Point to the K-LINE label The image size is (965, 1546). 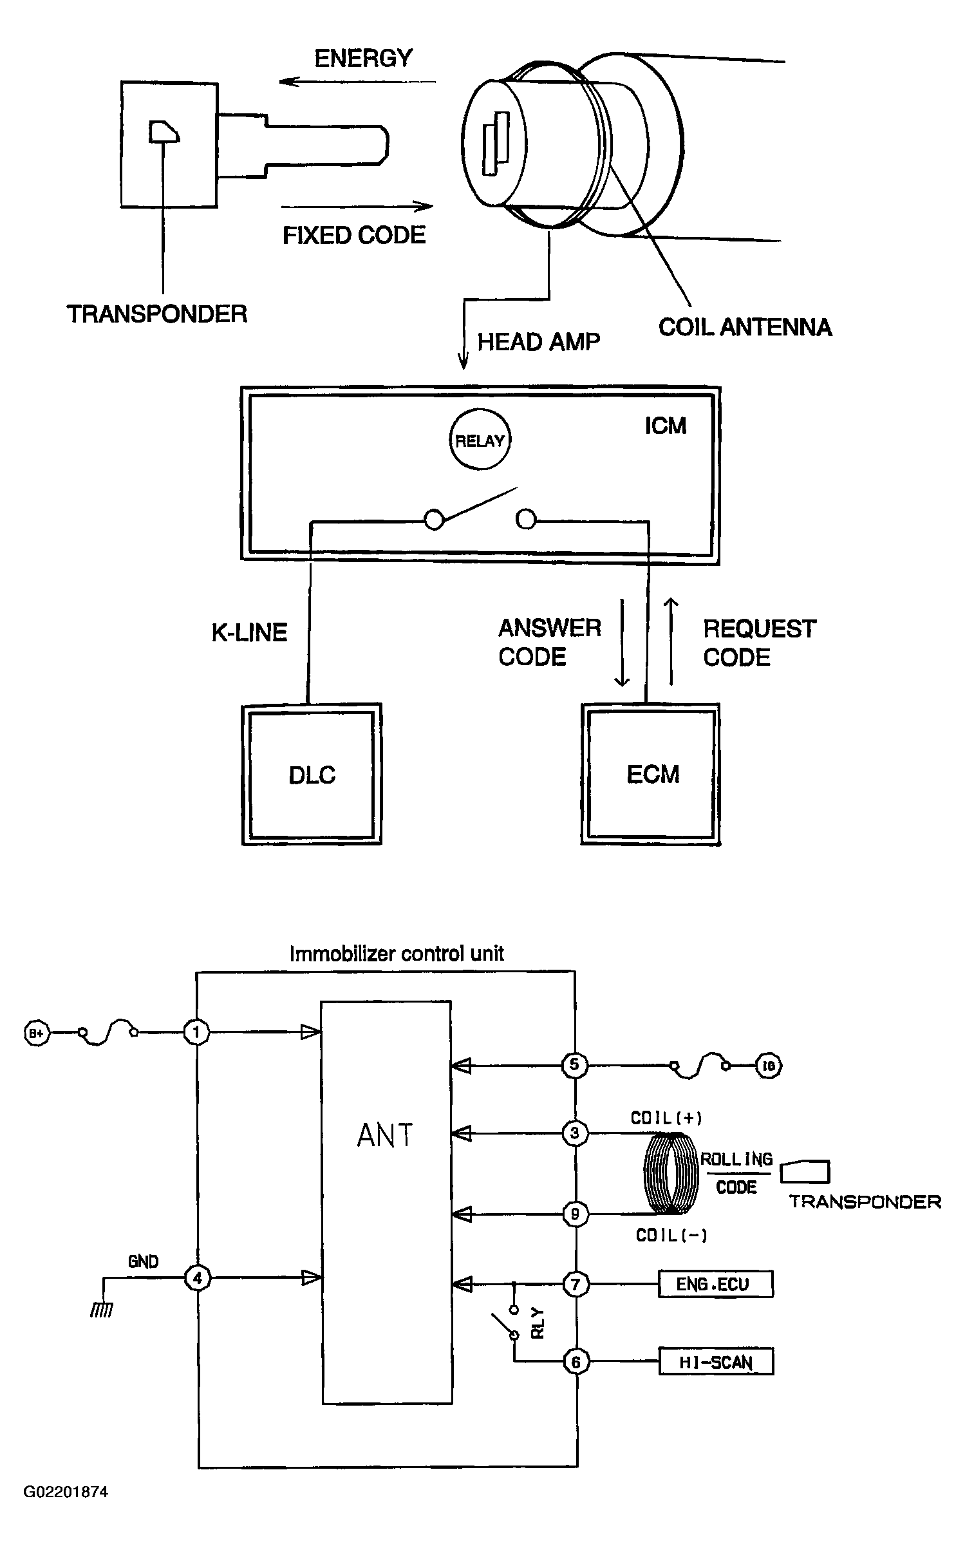tap(249, 632)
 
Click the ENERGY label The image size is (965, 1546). tap(363, 59)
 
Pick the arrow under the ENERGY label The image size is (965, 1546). tap(358, 82)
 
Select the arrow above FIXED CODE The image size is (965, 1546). tap(357, 207)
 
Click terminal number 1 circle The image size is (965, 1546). tap(197, 1032)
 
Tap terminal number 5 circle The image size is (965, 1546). tap(574, 1064)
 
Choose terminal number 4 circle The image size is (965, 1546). tap(197, 1277)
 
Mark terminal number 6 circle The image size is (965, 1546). tap(576, 1362)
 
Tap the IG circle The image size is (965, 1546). tap(769, 1066)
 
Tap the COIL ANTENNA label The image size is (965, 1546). tap(745, 327)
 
